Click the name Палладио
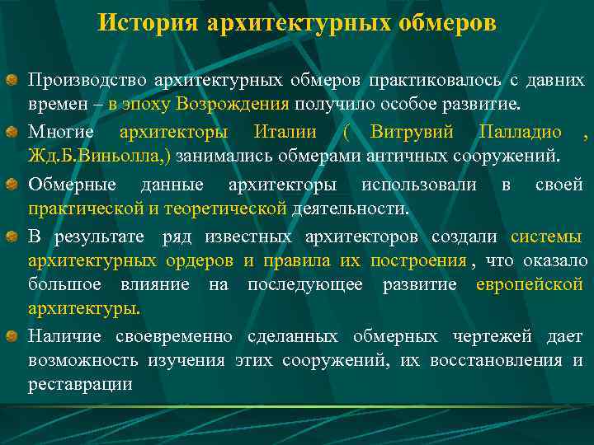[521, 132]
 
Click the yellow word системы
[546, 237]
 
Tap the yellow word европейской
[530, 285]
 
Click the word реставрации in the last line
[80, 385]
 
